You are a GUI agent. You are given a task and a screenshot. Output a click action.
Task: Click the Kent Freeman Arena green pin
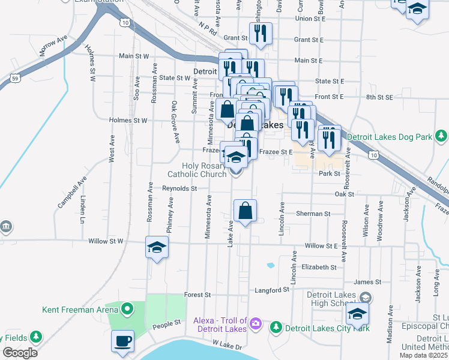click(x=127, y=310)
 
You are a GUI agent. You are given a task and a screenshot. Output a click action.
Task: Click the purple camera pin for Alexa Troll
click(x=256, y=324)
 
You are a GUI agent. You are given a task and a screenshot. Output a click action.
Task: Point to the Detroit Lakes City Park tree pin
click(x=276, y=328)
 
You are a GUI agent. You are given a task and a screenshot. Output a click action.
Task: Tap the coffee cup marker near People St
click(x=122, y=341)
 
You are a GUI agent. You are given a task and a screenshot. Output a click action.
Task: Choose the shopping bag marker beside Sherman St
click(x=245, y=211)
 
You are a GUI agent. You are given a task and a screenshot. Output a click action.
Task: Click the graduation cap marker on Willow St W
click(x=157, y=248)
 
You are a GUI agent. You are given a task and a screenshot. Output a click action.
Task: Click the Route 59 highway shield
click(x=16, y=78)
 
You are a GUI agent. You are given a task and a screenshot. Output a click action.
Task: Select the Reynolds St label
click(x=179, y=188)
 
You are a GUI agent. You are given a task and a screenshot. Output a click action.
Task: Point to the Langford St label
click(x=273, y=290)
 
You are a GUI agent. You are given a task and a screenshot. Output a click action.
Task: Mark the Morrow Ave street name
click(x=54, y=46)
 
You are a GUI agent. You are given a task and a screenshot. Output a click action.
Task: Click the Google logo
click(x=20, y=353)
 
